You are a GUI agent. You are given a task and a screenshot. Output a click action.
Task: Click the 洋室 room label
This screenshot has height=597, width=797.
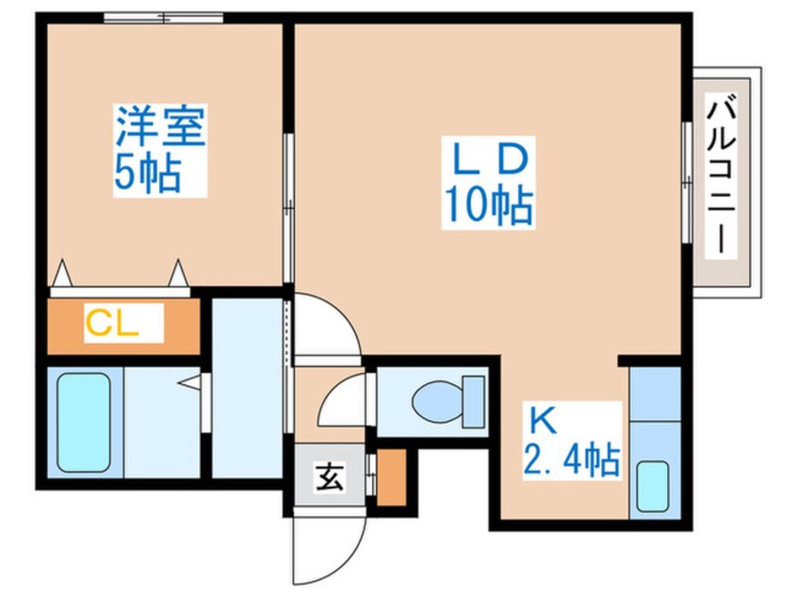click(x=159, y=127)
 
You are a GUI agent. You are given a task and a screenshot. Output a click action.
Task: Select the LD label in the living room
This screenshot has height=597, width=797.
click(x=486, y=160)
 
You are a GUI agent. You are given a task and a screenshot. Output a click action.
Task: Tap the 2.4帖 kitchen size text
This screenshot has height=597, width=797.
click(x=572, y=460)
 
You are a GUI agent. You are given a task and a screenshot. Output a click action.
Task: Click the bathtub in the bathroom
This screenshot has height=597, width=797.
click(x=83, y=421)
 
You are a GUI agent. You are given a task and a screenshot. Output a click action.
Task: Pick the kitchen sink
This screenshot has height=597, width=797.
click(x=653, y=485)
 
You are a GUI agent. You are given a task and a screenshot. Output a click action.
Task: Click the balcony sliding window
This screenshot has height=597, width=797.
click(x=686, y=179)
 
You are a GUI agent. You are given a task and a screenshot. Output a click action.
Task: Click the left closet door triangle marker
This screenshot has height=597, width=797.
click(x=62, y=274)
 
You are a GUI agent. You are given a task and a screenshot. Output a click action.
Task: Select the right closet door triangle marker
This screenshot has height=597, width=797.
click(x=178, y=274)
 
